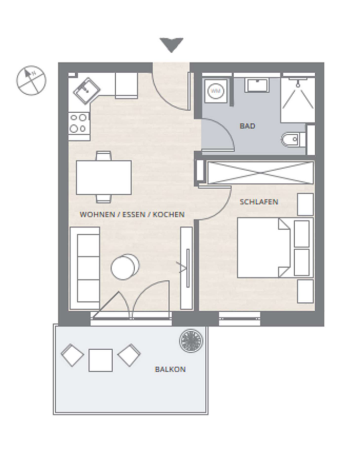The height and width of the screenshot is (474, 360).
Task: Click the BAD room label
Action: [x=247, y=126]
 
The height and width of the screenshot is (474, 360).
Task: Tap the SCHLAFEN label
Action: [x=259, y=202]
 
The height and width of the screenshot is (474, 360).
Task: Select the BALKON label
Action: [x=170, y=369]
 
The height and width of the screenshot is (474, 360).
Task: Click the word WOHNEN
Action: [x=93, y=214]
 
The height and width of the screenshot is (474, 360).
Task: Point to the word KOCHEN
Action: [x=168, y=214]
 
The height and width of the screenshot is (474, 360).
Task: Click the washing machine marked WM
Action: [x=216, y=91]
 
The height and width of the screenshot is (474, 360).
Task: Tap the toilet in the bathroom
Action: [x=293, y=140]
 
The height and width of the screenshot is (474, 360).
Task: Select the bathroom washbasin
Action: [x=256, y=85]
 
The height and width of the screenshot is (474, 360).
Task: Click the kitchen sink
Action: [x=87, y=90]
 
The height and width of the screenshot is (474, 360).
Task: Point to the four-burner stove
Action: [x=79, y=123]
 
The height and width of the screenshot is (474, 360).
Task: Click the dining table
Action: [x=104, y=177]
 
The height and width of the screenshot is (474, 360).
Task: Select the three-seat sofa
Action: [x=85, y=269]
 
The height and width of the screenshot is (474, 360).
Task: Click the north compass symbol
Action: [x=31, y=81]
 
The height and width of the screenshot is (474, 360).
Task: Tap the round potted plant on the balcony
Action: [x=191, y=341]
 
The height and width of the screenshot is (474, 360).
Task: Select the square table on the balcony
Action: [x=101, y=360]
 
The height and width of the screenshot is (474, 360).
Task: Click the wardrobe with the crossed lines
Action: [x=261, y=173]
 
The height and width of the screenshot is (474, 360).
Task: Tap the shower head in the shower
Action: [x=298, y=85]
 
